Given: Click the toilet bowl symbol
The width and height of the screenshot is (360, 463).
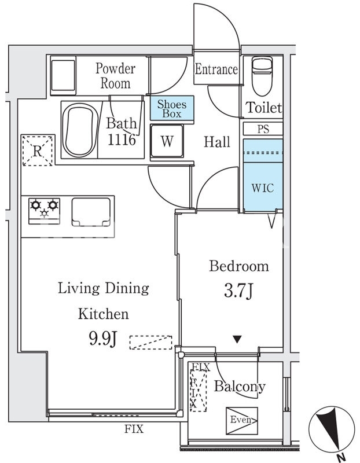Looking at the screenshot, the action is pyautogui.click(x=262, y=76).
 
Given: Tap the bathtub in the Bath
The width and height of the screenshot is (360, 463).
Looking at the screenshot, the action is pyautogui.click(x=80, y=130).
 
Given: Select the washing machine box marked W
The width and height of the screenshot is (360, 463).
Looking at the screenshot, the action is pyautogui.click(x=167, y=141).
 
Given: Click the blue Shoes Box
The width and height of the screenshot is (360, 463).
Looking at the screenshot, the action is pyautogui.click(x=172, y=108).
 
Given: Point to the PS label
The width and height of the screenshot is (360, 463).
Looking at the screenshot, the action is pyautogui.click(x=263, y=129).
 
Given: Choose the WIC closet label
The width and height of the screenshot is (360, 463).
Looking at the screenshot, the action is pyautogui.click(x=263, y=188).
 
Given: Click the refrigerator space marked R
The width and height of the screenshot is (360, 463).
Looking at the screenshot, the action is pyautogui.click(x=38, y=150).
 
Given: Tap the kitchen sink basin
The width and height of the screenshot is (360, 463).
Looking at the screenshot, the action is pyautogui.click(x=91, y=212).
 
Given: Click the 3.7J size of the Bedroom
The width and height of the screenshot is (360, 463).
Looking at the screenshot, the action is pyautogui.click(x=238, y=291).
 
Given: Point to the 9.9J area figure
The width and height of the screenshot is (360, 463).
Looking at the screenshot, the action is pyautogui.click(x=103, y=339).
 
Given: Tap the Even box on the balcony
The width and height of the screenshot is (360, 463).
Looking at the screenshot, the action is pyautogui.click(x=242, y=421).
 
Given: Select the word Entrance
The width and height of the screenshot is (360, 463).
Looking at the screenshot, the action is pyautogui.click(x=216, y=69).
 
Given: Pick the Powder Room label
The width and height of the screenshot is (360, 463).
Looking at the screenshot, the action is pyautogui.click(x=116, y=76).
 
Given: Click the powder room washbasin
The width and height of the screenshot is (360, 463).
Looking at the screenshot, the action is pyautogui.click(x=63, y=75).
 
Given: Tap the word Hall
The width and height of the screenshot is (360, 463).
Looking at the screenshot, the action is pyautogui.click(x=217, y=142).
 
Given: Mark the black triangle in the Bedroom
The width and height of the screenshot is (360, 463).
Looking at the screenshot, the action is pyautogui.click(x=237, y=339).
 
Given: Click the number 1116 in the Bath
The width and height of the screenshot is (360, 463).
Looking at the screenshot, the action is pyautogui.click(x=122, y=139).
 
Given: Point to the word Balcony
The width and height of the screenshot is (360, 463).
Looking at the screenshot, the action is pyautogui.click(x=240, y=387).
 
